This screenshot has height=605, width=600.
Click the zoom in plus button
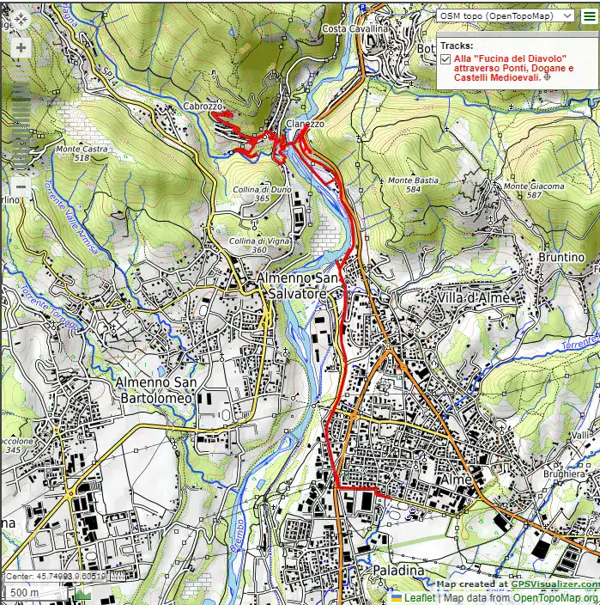(x=20, y=47)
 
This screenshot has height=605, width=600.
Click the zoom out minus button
(x=20, y=186)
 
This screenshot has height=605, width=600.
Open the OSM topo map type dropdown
(x=505, y=15)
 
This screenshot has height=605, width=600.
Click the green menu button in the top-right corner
(x=589, y=15)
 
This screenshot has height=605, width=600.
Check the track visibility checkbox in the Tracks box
(x=445, y=58)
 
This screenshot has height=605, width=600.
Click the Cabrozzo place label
(x=203, y=106)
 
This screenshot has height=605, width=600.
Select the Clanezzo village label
(x=305, y=124)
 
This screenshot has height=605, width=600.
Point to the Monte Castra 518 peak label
(x=82, y=153)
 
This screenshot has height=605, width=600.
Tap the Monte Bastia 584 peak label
(x=413, y=184)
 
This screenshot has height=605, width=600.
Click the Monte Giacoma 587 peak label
(x=534, y=190)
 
